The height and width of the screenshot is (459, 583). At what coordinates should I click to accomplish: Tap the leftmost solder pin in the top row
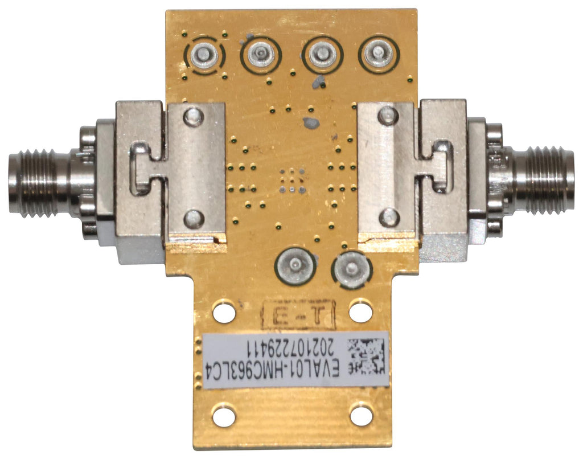(x=204, y=55)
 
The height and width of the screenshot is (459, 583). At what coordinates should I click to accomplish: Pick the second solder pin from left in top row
(x=261, y=55)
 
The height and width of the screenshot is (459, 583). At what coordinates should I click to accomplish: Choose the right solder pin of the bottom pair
(x=351, y=268)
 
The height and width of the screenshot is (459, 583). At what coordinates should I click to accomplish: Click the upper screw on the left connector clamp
(x=194, y=116)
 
